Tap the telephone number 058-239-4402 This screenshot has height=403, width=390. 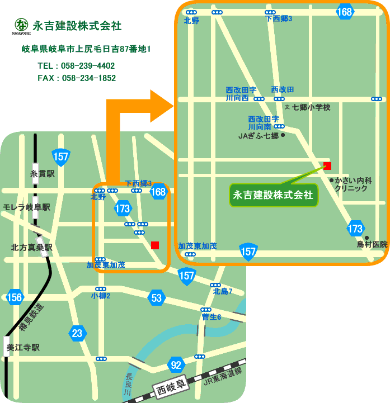click(77, 65)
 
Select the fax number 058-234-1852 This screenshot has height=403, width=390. click(77, 78)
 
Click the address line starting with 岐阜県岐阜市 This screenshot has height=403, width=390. click(86, 50)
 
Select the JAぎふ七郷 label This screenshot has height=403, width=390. click(258, 135)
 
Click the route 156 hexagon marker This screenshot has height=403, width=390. click(15, 297)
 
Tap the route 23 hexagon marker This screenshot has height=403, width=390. click(77, 334)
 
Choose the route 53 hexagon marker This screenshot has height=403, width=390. click(157, 298)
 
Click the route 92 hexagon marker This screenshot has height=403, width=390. click(177, 366)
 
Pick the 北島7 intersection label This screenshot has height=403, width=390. click(222, 291)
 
